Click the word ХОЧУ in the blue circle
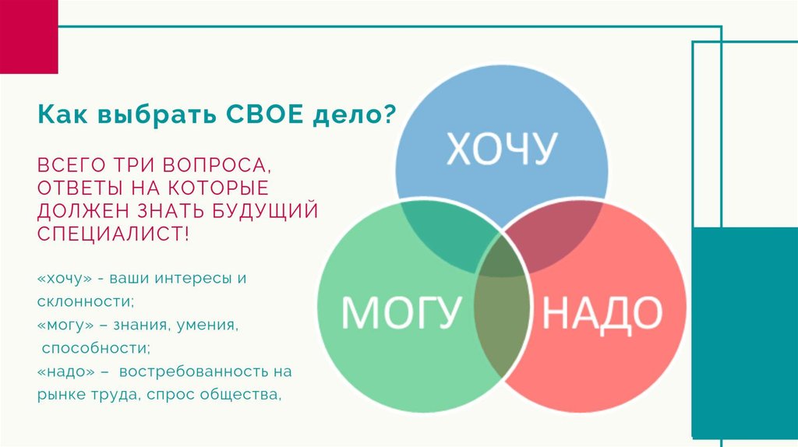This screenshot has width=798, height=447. [x=502, y=148]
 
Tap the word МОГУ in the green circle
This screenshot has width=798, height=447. [x=401, y=311]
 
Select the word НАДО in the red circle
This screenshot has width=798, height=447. [x=602, y=312]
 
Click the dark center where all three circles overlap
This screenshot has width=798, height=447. [x=501, y=259]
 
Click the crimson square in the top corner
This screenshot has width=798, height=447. [x=29, y=37]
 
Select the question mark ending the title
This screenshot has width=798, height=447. [x=388, y=114]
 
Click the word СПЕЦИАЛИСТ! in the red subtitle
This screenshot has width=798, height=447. [x=113, y=234]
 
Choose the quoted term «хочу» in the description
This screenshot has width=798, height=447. [x=65, y=279]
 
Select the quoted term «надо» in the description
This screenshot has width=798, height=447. [x=65, y=371]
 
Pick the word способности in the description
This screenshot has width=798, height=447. [x=96, y=349]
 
